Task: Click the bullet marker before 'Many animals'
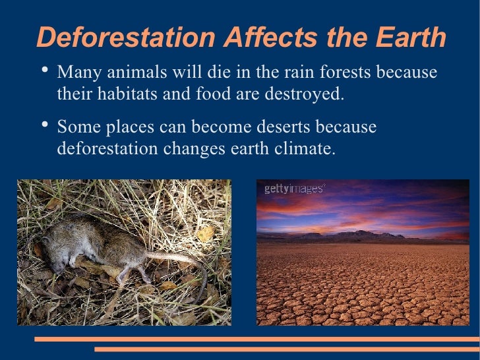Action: click(x=44, y=71)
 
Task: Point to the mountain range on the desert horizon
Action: click(x=369, y=235)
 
